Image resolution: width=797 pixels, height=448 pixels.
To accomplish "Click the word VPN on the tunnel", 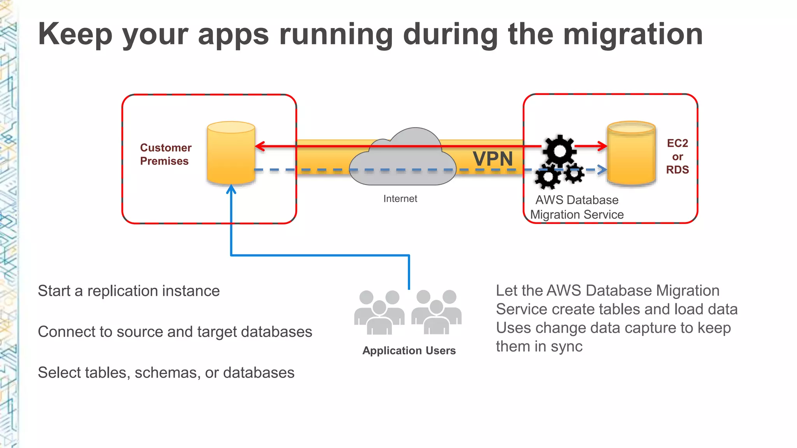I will coord(493,159).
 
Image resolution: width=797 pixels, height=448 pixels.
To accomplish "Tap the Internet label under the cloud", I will coord(400,199).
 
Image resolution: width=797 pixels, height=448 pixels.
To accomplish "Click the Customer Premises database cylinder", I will coord(231,154).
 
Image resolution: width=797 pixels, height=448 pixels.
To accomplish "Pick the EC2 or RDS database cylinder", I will coord(631,154).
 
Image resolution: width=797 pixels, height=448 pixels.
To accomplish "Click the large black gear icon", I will coord(560,150).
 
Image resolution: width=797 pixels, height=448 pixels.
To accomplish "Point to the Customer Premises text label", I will coord(165,154).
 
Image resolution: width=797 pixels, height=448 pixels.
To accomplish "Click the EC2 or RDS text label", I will coord(677,156).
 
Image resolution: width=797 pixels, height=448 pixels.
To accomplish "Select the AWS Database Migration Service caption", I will coord(577,207).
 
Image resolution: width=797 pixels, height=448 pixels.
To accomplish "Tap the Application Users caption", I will coord(409,350).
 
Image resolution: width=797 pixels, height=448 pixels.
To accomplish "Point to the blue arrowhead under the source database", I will coord(231,189).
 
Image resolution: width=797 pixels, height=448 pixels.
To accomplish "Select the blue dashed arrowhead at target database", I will coord(602,170).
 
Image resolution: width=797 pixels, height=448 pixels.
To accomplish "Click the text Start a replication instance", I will coord(128,291).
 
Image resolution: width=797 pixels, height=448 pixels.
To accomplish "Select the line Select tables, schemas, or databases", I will coord(166,373).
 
